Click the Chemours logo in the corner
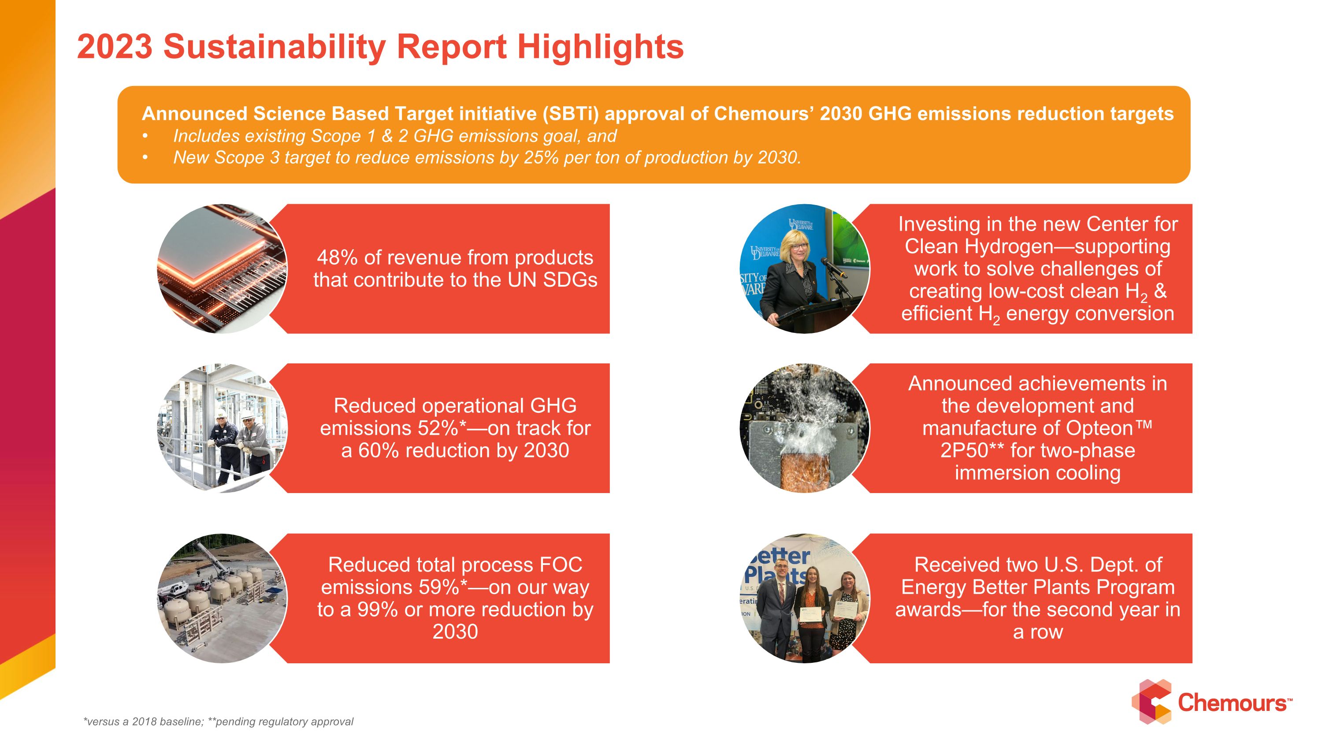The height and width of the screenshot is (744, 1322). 1211,702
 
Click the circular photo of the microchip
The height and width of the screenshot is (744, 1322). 222,269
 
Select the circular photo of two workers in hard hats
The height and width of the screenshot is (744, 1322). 222,428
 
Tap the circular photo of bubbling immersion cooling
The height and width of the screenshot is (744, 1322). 804,428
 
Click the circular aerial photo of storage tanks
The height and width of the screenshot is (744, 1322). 222,598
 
